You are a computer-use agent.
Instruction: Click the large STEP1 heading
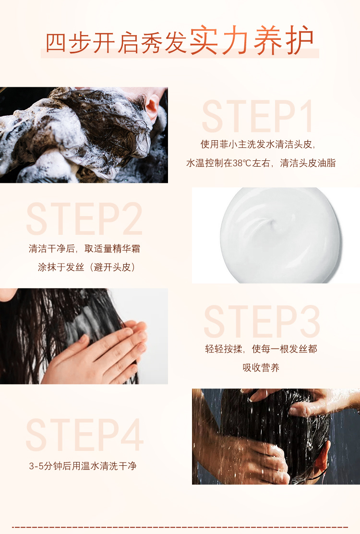click(258, 116)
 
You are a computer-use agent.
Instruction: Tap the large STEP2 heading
click(84, 218)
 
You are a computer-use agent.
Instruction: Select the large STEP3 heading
click(262, 321)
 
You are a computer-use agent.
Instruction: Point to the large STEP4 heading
click(85, 435)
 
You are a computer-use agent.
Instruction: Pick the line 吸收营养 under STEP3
click(261, 367)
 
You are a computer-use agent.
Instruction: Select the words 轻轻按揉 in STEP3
click(224, 349)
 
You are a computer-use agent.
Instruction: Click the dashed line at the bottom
click(180, 528)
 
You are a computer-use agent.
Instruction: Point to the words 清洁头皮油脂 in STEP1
click(308, 163)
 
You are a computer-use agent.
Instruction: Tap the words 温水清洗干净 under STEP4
click(108, 466)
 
